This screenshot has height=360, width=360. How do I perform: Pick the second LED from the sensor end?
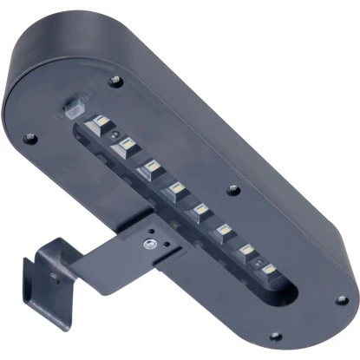(x=128, y=142)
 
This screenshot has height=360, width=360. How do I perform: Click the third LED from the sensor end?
(x=151, y=164)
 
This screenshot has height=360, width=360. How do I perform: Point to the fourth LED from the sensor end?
(x=174, y=187)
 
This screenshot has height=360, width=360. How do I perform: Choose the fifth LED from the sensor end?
(x=201, y=209)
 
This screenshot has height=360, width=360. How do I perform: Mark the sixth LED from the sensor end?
(x=226, y=231)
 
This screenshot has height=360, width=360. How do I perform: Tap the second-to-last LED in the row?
(x=248, y=250)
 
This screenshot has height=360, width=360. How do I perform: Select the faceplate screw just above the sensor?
(x=115, y=81)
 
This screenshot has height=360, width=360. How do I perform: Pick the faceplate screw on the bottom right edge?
(x=275, y=335)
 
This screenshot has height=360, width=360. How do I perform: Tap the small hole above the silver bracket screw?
(x=152, y=231)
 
